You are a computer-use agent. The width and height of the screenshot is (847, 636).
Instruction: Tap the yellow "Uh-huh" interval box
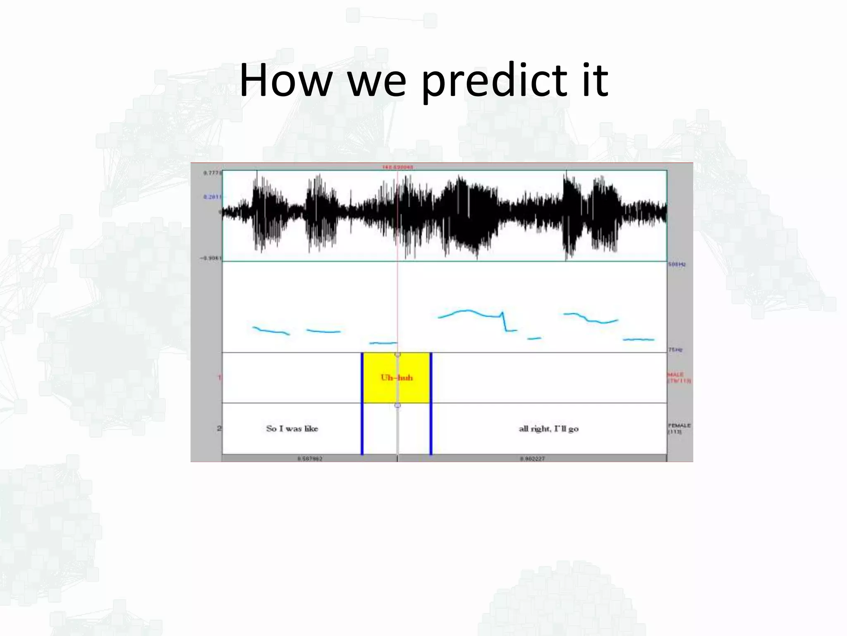coord(396,378)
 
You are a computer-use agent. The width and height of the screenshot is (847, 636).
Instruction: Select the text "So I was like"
coord(292,429)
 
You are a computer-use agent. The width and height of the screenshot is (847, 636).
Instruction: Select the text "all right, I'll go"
coord(548,429)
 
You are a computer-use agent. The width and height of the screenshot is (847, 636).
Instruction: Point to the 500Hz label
coord(677,264)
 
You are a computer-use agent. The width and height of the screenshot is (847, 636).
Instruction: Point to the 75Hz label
coord(675,350)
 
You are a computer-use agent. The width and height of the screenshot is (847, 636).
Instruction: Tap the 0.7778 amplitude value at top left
coord(213,173)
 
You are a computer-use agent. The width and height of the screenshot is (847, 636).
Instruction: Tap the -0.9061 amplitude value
coord(211,258)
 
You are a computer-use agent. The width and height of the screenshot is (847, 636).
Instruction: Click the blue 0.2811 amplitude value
coord(213,197)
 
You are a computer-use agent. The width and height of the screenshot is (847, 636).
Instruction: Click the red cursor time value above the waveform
coord(397,167)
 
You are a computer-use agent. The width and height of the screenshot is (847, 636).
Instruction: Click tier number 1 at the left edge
coord(220,378)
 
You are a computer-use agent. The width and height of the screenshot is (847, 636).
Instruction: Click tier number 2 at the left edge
coord(219,429)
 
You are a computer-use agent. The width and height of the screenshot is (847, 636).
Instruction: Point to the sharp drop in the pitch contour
coord(504,321)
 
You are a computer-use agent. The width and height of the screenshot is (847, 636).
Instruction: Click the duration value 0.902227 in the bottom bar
coord(532,459)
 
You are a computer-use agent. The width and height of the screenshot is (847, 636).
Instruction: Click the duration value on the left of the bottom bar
coord(310,459)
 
